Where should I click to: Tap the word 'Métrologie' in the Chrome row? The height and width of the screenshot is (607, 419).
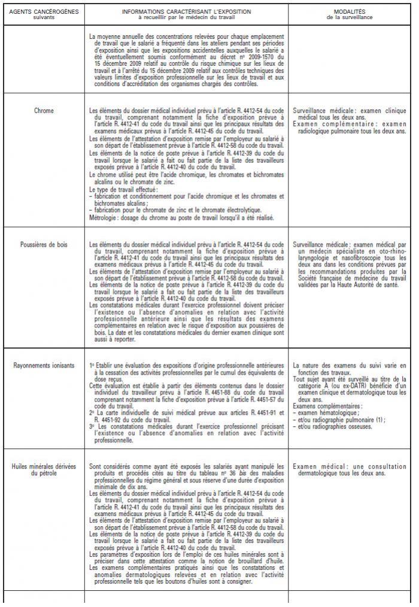coord(102,218)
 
